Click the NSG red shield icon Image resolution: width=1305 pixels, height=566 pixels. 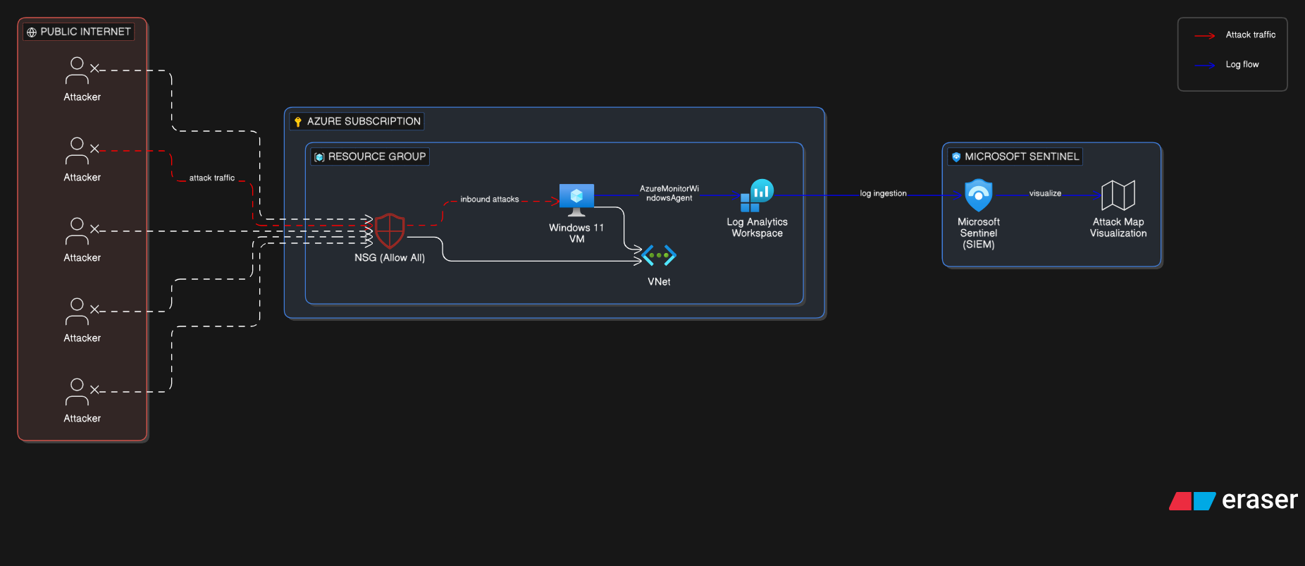(x=390, y=230)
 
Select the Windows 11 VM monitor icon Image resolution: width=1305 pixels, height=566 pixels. (x=576, y=199)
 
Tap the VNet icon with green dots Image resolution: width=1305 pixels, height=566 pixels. (x=660, y=255)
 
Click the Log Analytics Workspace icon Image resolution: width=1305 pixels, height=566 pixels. (x=757, y=196)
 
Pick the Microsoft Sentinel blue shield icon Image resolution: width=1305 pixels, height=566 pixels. (x=978, y=195)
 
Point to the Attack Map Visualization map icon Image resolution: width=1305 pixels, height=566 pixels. (x=1118, y=195)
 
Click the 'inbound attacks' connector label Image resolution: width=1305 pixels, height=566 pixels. (x=490, y=199)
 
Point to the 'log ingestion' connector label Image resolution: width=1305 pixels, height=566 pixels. (x=883, y=193)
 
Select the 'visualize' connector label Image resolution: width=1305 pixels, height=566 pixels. (x=1045, y=193)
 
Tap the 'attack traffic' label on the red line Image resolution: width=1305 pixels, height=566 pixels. (x=211, y=178)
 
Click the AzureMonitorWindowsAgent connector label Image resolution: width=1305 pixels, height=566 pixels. (x=669, y=193)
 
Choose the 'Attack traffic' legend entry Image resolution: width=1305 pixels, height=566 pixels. (x=1250, y=35)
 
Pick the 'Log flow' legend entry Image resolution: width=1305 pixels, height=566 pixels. (x=1242, y=64)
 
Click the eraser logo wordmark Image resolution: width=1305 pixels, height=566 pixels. (x=1259, y=500)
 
